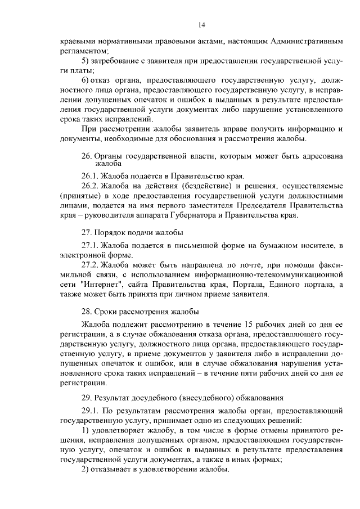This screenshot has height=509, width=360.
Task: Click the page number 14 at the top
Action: (x=202, y=24)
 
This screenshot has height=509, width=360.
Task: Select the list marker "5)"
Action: (x=85, y=60)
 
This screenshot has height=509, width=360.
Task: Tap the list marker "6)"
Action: (x=85, y=80)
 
